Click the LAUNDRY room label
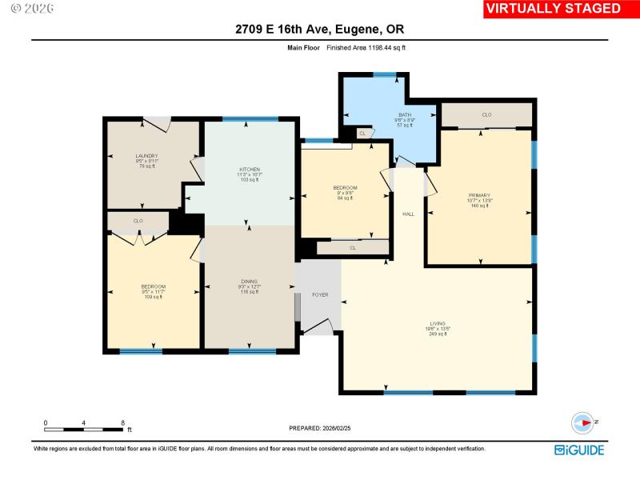click(x=146, y=156)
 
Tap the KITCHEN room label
click(x=250, y=170)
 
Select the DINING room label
click(x=250, y=281)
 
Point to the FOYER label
click(x=320, y=295)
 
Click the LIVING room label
click(x=437, y=324)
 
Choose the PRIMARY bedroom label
click(x=480, y=195)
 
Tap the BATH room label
click(x=405, y=115)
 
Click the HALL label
click(x=408, y=214)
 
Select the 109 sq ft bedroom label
click(x=153, y=286)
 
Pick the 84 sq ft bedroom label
click(x=345, y=188)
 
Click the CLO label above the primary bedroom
click(x=486, y=115)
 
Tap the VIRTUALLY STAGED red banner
click(x=554, y=9)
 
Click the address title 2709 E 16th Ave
click(x=319, y=30)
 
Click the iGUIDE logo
click(x=581, y=450)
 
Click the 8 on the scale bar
click(x=122, y=422)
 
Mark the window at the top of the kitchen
click(x=250, y=120)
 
